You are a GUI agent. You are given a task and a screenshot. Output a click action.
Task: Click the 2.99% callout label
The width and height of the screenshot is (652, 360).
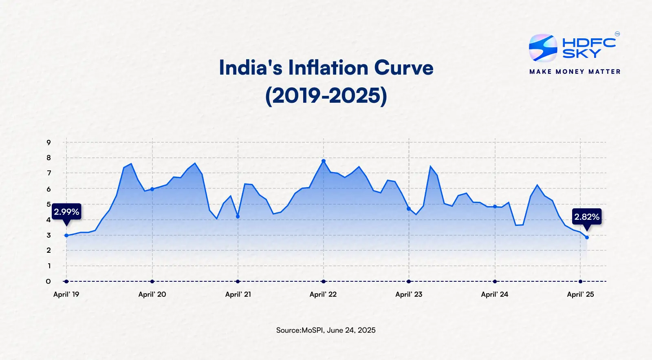(66, 212)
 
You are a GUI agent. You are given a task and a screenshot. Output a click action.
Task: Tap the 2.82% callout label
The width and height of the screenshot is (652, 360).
(587, 217)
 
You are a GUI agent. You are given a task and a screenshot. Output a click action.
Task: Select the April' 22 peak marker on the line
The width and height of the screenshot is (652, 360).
(324, 161)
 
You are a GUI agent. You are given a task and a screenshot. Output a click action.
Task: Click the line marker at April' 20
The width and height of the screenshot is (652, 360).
(152, 189)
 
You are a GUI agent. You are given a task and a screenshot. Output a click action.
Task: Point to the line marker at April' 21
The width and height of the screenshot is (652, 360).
(238, 216)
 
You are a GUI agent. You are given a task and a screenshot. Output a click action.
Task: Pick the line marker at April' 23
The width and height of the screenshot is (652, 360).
(409, 209)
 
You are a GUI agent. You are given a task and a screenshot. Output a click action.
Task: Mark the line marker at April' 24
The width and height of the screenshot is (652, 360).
(495, 207)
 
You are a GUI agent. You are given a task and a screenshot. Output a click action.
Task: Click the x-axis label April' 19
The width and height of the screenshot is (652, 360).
(66, 294)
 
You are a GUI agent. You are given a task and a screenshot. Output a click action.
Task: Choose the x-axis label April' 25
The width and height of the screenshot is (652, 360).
(580, 294)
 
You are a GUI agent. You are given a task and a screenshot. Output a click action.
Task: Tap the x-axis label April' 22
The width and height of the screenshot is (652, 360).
(323, 294)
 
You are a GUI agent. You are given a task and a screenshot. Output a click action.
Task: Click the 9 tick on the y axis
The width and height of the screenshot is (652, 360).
(49, 143)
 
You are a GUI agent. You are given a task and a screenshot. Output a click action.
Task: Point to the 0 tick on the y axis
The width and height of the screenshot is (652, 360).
(48, 281)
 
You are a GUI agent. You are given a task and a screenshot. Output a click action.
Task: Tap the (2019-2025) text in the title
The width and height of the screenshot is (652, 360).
(326, 96)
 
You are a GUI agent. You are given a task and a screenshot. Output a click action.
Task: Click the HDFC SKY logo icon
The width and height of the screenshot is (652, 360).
(543, 48)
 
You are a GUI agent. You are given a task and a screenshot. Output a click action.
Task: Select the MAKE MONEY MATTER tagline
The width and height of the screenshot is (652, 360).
(575, 72)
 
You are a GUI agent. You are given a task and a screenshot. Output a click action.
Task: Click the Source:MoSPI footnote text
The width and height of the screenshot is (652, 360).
(326, 330)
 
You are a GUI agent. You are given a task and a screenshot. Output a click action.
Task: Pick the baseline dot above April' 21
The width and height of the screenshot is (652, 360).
(238, 281)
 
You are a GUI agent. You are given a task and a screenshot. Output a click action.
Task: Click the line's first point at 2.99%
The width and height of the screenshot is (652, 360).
(66, 235)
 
